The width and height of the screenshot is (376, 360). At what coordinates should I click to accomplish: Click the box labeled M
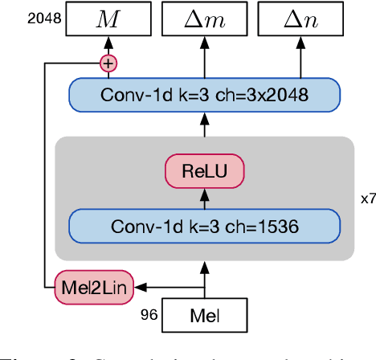(107, 18)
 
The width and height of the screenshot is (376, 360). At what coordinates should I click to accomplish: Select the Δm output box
(203, 18)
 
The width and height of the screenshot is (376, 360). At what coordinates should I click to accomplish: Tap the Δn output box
(300, 18)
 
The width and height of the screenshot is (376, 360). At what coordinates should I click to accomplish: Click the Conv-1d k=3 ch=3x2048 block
(203, 95)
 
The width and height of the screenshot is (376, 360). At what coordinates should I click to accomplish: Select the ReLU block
(203, 170)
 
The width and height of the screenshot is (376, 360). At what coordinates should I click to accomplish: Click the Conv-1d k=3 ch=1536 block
(203, 227)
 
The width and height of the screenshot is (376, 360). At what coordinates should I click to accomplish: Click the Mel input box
(203, 315)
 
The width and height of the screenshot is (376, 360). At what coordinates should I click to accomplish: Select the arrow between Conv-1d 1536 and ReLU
(203, 197)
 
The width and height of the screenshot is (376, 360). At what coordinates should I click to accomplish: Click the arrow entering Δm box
(203, 56)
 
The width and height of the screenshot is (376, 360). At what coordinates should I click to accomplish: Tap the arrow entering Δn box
(300, 56)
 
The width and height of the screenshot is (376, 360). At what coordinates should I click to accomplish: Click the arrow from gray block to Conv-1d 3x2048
(203, 125)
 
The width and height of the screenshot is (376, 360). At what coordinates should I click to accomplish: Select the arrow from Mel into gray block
(203, 277)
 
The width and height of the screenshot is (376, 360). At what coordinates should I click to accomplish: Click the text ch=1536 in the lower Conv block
(266, 227)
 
